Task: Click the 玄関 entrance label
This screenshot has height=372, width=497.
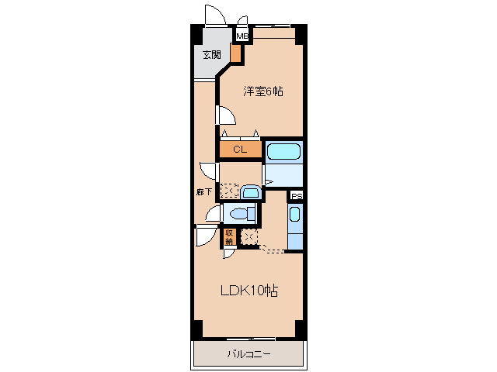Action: click(x=212, y=55)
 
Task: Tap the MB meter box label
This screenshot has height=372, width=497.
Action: click(x=242, y=36)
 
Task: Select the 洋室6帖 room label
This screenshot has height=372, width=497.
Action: click(x=263, y=91)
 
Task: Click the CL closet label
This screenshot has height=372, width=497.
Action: click(x=240, y=150)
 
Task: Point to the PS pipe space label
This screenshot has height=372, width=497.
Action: click(x=297, y=196)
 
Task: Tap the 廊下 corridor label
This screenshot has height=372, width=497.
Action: click(x=203, y=191)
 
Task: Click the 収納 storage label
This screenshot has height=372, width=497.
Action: click(x=229, y=237)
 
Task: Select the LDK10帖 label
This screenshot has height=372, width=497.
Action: click(x=249, y=291)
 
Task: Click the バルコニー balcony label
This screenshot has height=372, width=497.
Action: click(x=248, y=353)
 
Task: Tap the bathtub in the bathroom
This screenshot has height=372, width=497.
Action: click(x=283, y=152)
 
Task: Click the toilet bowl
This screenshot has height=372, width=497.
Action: click(x=240, y=214)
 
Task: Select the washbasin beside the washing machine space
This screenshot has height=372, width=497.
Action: click(x=251, y=192)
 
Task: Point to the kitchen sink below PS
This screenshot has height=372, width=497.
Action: click(x=295, y=215)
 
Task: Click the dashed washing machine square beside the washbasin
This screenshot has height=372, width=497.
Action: click(x=229, y=191)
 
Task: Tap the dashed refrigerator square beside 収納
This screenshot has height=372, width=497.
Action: click(x=249, y=237)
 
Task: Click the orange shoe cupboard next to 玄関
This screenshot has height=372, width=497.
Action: click(x=235, y=53)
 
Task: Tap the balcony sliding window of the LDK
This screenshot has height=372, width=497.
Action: click(x=251, y=339)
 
